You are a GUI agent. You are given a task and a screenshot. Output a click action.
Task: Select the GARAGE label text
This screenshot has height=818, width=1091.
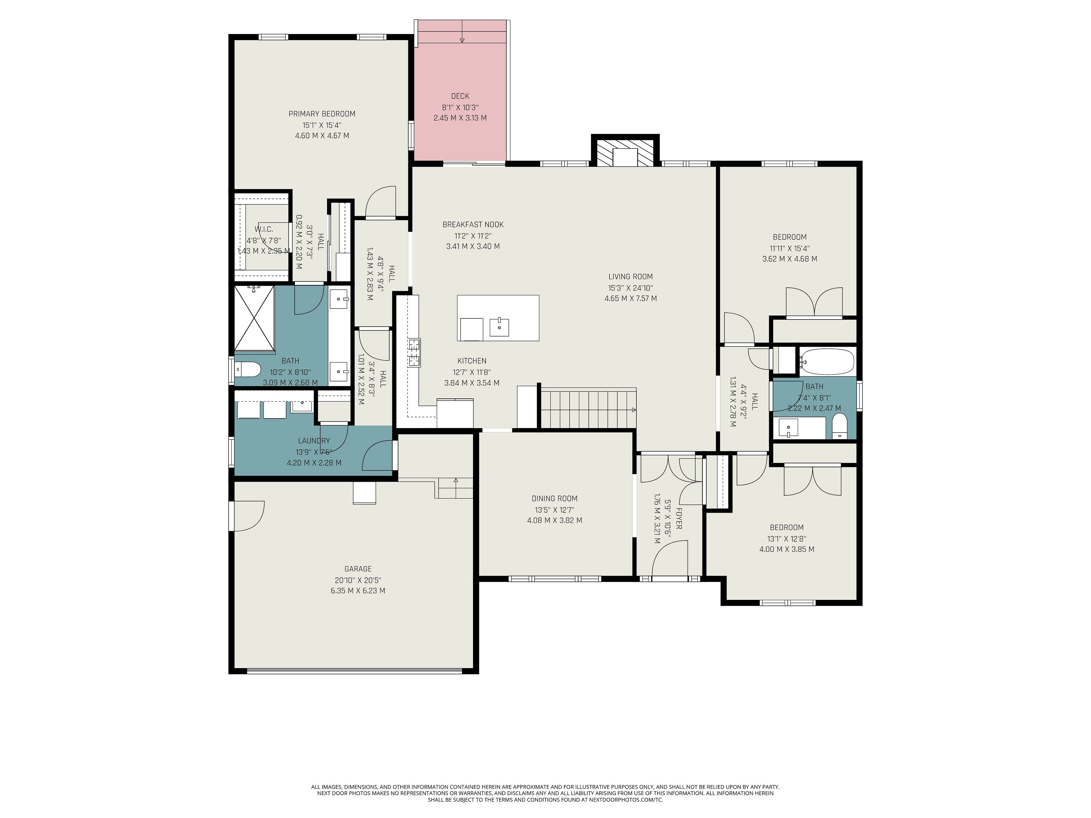(358, 569)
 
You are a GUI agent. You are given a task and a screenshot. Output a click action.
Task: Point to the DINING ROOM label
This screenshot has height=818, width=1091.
(554, 498)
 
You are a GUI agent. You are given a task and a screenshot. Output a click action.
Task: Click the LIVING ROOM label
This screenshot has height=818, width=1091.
(630, 277)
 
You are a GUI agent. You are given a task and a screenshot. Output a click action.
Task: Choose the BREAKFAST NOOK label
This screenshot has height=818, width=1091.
(473, 224)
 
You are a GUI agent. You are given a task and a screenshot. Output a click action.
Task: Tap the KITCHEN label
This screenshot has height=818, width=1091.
(472, 361)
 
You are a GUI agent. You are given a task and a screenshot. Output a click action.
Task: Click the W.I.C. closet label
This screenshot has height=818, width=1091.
(264, 229)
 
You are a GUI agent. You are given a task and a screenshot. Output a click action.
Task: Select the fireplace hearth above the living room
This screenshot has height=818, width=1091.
(625, 152)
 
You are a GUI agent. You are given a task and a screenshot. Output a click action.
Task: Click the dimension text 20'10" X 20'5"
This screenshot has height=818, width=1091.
(358, 580)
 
